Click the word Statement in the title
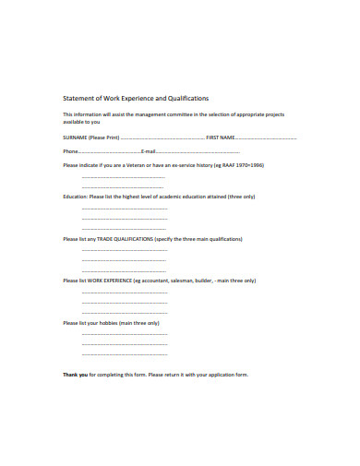(78, 97)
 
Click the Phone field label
(70, 150)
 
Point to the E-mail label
(150, 150)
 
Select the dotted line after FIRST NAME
(268, 137)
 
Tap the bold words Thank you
(76, 375)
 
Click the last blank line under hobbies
(125, 354)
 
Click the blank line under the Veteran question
(125, 177)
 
